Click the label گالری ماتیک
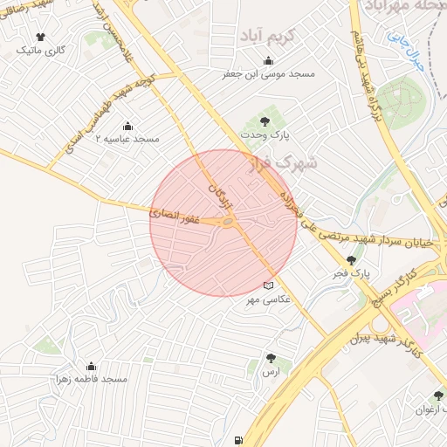coord(42,51)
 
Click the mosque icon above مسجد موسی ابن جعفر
coord(267,61)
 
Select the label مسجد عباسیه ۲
coord(127,139)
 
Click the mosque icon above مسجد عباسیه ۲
coord(128,126)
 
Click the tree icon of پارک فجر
coord(352,260)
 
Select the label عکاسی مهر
coord(285,299)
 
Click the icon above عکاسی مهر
coord(268,285)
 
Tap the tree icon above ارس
coord(271,358)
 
